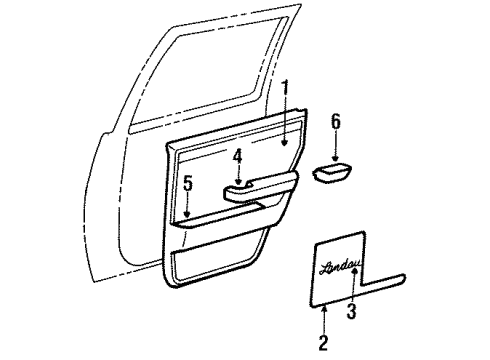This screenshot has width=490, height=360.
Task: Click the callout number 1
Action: click(284, 88)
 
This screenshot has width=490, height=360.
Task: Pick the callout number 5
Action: click(187, 183)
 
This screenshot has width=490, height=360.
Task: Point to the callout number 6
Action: click(336, 120)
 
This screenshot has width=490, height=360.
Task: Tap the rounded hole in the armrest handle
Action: click(247, 183)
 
